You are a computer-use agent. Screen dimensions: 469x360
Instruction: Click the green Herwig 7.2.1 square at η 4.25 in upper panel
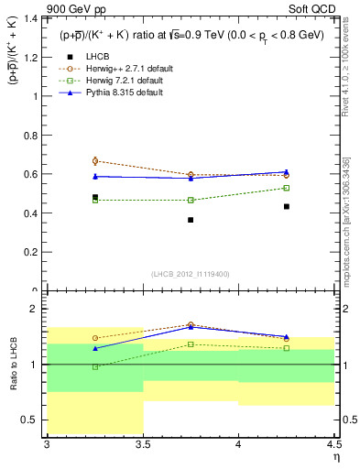tap(287, 188)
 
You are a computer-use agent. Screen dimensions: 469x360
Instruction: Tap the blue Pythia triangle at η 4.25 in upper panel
tap(287, 171)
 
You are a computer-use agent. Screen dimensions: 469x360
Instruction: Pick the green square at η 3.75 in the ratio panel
tap(191, 344)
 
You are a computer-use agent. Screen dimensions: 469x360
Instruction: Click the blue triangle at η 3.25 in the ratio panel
tap(95, 348)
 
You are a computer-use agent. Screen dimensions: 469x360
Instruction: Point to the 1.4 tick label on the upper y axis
tap(29, 18)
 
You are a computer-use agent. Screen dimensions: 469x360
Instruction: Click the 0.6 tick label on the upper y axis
tap(29, 174)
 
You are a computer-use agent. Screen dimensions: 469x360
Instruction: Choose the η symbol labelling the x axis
tap(335, 457)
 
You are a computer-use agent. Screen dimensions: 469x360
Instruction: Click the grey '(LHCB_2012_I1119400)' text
tap(191, 274)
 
